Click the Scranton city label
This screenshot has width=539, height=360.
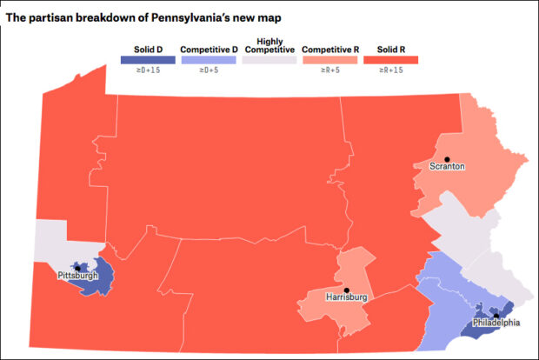point(448,165)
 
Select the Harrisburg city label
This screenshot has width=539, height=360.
point(347,297)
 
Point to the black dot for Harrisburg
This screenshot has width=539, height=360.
point(346,290)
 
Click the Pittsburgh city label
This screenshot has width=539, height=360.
point(77,276)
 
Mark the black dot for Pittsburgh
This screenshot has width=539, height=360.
point(77,268)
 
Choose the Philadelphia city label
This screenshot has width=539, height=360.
point(496,323)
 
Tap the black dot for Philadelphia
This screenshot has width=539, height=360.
point(496,316)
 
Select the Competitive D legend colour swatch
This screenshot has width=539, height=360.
point(210,61)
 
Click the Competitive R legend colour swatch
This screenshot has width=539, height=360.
point(331,61)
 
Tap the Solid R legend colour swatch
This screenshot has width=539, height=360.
point(392,61)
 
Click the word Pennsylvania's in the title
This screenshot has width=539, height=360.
point(191,17)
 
